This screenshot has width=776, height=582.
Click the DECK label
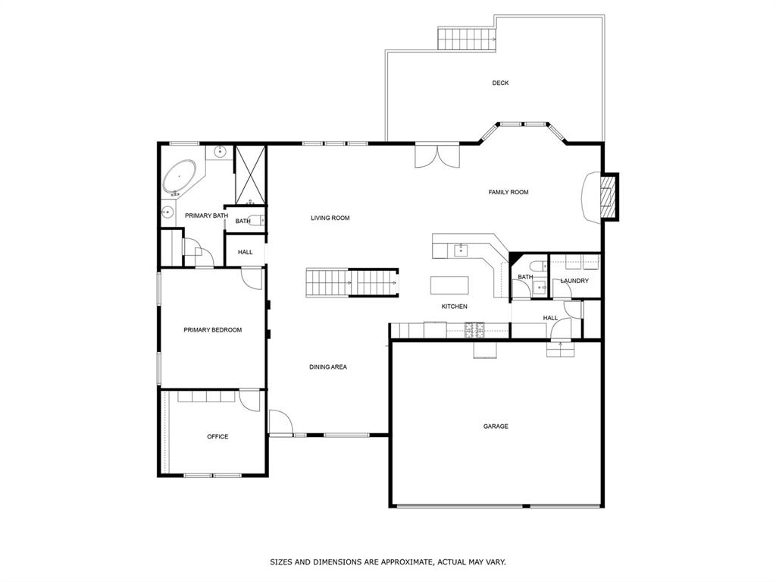tap(500, 83)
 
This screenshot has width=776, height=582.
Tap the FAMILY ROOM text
tap(508, 192)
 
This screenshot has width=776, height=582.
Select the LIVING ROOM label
tap(330, 218)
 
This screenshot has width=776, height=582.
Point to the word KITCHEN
tap(455, 307)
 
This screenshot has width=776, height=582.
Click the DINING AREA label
tap(327, 367)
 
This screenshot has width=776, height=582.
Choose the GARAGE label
tap(496, 426)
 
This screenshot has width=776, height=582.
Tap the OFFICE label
tap(217, 436)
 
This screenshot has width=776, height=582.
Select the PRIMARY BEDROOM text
tap(212, 330)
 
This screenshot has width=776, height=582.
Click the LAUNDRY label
tap(574, 281)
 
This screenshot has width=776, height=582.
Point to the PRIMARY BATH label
tap(206, 216)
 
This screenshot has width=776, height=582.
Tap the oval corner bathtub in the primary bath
tap(179, 179)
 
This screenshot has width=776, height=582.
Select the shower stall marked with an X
tap(250, 175)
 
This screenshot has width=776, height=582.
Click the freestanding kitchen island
tap(449, 285)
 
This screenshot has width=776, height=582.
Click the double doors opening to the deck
tap(436, 156)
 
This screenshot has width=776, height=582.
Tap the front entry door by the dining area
tap(280, 423)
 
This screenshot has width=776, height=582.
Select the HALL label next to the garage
tap(550, 318)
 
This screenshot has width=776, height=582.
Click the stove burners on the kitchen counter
tap(476, 329)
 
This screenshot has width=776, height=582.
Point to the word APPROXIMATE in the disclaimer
tap(398, 562)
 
